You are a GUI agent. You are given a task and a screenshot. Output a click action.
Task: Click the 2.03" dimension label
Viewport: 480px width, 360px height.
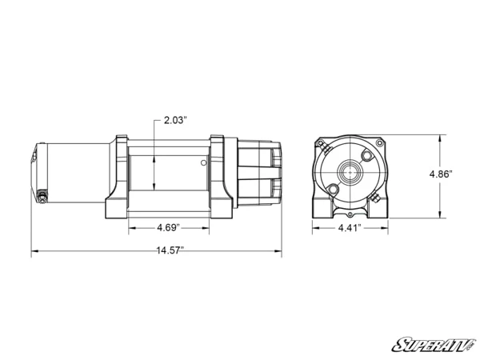175,120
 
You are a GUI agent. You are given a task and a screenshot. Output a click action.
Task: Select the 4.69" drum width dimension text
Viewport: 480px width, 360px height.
167,227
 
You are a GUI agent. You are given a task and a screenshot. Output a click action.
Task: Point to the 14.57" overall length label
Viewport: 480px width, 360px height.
169,250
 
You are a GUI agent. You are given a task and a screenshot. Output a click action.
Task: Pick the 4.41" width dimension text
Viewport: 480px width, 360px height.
349,227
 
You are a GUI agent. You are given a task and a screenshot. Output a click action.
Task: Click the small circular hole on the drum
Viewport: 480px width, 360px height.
205,164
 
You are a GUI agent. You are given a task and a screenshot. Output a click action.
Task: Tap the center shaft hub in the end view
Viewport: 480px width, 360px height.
350,170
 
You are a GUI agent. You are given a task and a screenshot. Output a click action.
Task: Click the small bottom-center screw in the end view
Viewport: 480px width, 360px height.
350,214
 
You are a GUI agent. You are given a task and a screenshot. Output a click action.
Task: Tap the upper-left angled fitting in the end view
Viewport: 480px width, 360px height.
320,145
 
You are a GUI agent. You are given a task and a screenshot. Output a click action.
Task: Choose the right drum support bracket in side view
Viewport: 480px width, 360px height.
222,178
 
